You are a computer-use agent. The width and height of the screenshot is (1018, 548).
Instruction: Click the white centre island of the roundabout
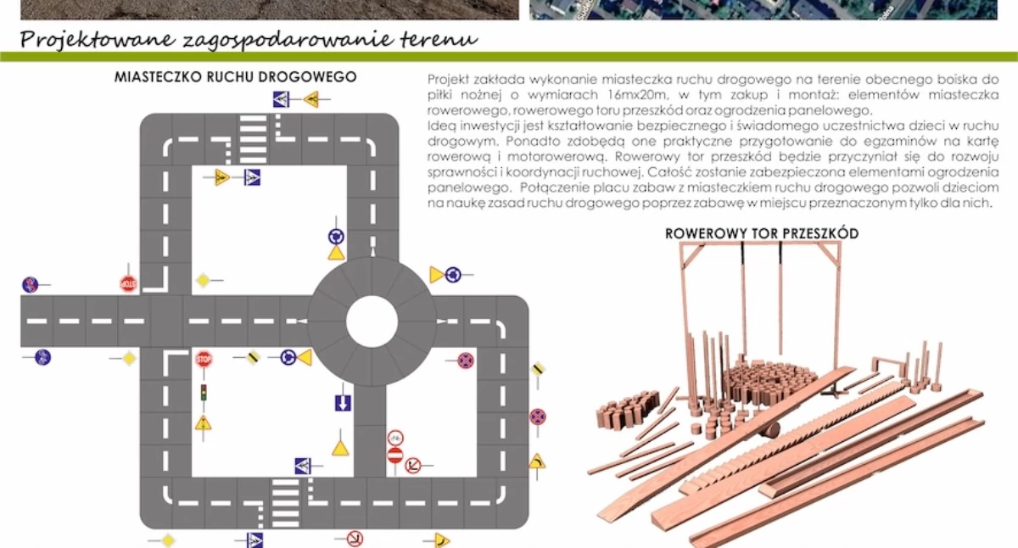pos(372,322)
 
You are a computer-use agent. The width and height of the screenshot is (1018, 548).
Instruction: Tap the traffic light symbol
pos(204,393)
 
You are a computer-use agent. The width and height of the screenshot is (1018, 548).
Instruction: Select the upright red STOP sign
pos(204,360)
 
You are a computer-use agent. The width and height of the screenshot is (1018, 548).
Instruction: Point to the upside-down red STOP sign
pos(128,284)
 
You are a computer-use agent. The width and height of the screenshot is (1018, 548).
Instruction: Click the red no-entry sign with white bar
pos(395,456)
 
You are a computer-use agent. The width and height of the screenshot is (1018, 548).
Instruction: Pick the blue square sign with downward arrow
pos(343,403)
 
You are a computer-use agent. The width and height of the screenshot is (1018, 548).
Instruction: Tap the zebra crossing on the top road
pos(253,139)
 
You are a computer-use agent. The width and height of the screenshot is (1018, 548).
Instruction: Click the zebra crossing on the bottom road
pos(285,503)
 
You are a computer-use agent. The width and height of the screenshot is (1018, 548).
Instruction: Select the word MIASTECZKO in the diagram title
pos(158,77)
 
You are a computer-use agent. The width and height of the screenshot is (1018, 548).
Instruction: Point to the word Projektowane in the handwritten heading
pos(98,40)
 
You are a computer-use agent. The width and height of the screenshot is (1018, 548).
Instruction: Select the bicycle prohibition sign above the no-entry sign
pos(395,438)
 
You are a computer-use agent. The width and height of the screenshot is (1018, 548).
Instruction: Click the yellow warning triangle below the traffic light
pos(203,423)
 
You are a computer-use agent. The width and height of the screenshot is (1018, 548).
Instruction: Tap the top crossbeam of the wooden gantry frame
pos(760,243)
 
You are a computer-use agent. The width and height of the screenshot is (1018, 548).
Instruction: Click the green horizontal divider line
pos(509,57)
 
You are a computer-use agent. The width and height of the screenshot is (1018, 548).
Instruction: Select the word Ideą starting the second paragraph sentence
pos(441,126)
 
